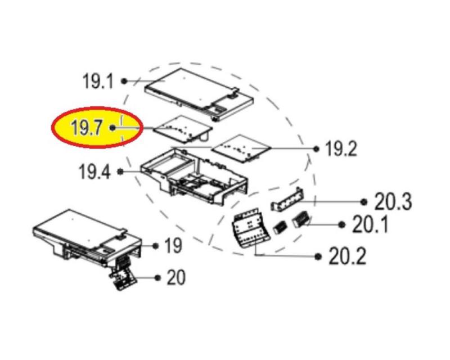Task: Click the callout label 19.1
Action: click(x=98, y=81)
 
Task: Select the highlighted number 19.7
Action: click(x=86, y=128)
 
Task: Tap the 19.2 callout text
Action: click(x=341, y=149)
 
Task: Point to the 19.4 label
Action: click(x=94, y=172)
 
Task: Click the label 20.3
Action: click(x=393, y=202)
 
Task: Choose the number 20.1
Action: click(x=370, y=224)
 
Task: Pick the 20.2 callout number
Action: click(x=347, y=256)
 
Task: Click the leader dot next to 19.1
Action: click(x=124, y=81)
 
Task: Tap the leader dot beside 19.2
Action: click(x=316, y=149)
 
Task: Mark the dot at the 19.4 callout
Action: click(x=120, y=172)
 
